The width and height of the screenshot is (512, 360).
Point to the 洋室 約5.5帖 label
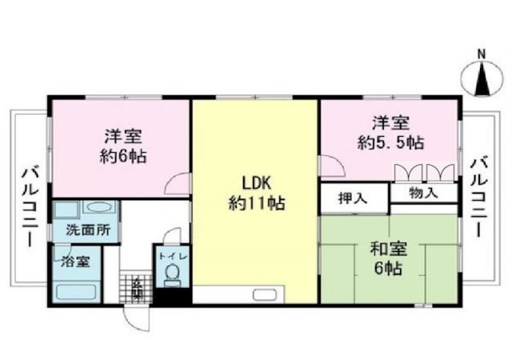390,133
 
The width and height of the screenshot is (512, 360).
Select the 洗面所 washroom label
82,230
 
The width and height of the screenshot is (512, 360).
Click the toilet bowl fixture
170,276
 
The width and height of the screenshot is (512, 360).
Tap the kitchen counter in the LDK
237,294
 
